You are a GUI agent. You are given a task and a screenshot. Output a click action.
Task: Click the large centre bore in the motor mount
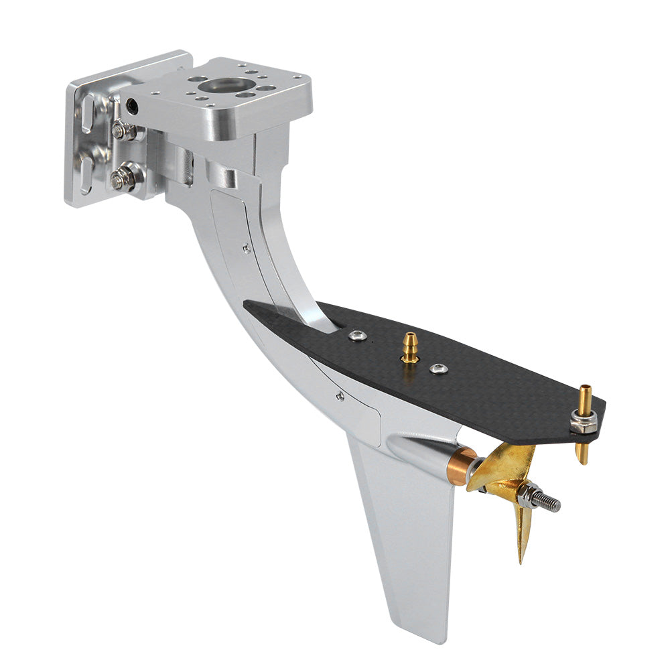tap(226, 85)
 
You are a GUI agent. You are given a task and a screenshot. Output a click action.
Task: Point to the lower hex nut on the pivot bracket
tap(121, 178)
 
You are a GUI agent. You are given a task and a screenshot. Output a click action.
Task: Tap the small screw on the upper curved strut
tap(247, 249)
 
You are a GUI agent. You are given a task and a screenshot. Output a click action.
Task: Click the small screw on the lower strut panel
tap(340, 396)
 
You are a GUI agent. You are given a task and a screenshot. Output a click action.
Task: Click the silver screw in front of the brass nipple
tap(358, 335)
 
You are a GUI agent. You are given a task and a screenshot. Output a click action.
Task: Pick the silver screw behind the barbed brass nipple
tap(439, 368)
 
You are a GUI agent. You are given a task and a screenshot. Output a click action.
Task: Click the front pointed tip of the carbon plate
tap(247, 305)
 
